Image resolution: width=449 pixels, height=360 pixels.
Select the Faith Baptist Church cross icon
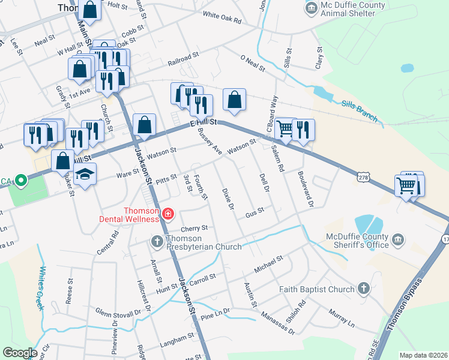363,289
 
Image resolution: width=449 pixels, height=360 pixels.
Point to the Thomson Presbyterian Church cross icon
156,241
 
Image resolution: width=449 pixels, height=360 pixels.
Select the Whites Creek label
42,287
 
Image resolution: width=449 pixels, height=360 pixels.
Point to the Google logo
20,353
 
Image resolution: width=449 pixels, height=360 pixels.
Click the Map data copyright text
423,355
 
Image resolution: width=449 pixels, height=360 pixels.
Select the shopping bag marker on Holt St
89,10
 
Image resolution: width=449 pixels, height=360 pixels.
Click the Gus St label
255,214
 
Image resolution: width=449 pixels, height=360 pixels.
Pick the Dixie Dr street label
228,199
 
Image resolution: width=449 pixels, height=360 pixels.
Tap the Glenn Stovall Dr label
122,312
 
